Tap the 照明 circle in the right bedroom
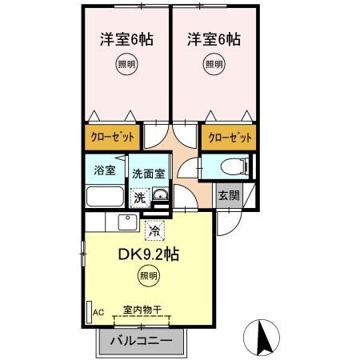213,65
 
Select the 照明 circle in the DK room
148,277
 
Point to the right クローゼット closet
230,137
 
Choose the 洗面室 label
148,173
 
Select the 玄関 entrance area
227,195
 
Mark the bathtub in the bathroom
103,196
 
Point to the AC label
100,311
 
